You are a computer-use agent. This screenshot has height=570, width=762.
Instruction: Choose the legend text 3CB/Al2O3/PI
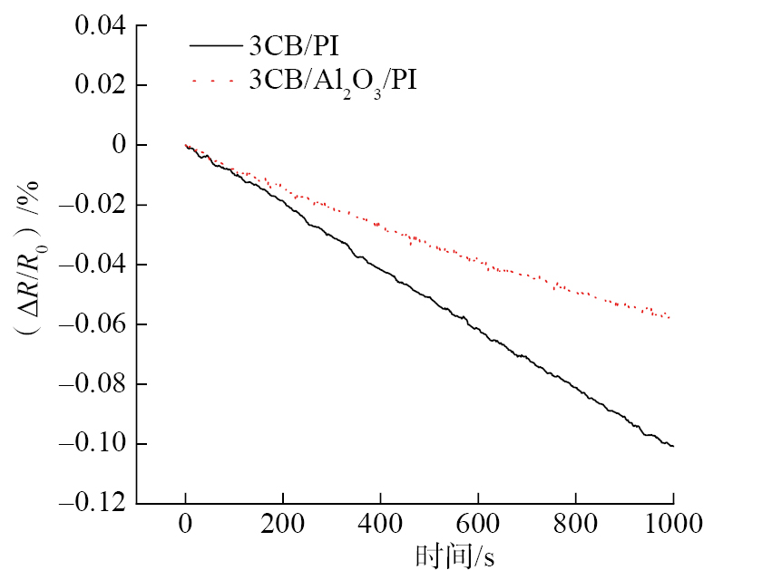pos(334,81)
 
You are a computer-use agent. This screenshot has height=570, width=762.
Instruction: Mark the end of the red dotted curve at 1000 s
pos(670,317)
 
